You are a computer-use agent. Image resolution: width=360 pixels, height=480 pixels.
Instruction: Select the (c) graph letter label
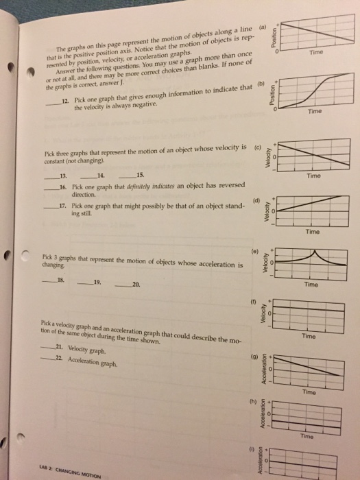(x=257, y=145)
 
